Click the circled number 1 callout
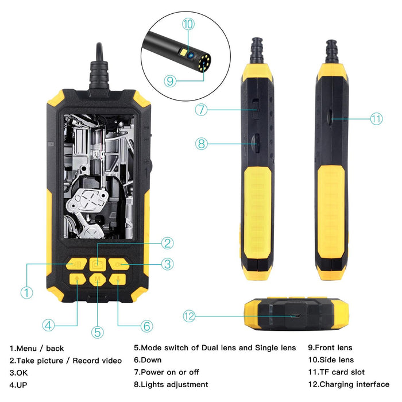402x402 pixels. (x=26, y=292)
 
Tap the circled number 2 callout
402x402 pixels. (x=167, y=243)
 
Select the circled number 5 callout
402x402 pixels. (x=97, y=331)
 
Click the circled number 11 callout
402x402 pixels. (x=376, y=119)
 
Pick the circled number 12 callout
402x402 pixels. (x=190, y=316)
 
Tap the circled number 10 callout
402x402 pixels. (x=188, y=24)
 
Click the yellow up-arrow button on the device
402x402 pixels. (x=77, y=280)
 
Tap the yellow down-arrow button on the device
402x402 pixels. (x=117, y=280)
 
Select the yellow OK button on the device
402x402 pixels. (x=118, y=264)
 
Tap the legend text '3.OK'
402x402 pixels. (x=21, y=372)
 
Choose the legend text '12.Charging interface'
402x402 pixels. (x=349, y=384)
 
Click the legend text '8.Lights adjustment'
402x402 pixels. (x=171, y=384)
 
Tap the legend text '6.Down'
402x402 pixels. (x=148, y=360)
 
